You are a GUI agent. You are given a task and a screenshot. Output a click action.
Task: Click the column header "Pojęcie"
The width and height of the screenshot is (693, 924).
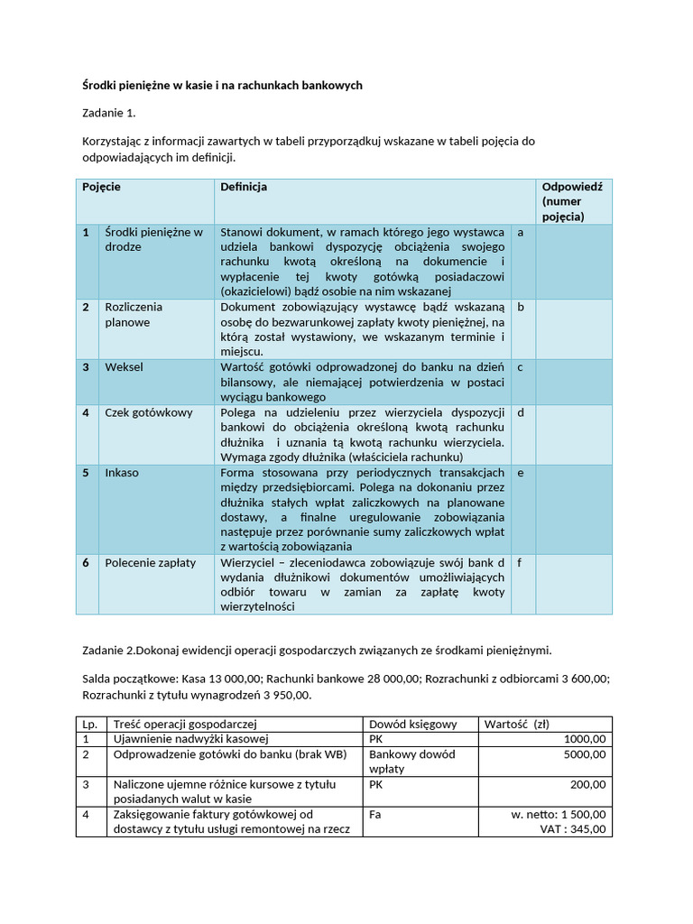point(101,187)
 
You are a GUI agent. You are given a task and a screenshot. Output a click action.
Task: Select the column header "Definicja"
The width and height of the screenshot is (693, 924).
point(244,187)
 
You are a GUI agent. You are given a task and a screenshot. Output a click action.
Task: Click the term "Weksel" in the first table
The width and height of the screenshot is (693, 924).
point(124,367)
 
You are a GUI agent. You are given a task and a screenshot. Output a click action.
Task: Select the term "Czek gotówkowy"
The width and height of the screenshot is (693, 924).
point(148,412)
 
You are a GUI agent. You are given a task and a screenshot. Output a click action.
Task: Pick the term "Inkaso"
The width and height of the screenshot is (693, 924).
point(122,473)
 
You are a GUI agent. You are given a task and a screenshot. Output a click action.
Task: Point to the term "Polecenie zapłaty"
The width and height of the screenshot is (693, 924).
point(150,563)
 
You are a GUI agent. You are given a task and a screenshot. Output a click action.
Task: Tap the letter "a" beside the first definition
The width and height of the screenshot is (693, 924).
point(520,232)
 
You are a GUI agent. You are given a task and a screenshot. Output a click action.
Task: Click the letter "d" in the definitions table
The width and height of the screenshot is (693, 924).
point(520,412)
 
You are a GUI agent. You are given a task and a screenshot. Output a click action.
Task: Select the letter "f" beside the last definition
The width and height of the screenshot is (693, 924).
point(520,563)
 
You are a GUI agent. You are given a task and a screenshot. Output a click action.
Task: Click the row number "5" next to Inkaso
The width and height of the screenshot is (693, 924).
point(86,473)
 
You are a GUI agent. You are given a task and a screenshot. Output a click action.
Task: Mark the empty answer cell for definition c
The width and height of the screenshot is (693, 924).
point(574,382)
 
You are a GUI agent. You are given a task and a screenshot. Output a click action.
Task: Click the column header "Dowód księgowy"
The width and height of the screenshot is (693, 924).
point(413,724)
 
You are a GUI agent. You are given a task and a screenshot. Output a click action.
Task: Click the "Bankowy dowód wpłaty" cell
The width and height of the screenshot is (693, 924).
point(412,761)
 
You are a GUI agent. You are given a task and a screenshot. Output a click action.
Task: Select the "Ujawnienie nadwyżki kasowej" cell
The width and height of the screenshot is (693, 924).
point(180,739)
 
